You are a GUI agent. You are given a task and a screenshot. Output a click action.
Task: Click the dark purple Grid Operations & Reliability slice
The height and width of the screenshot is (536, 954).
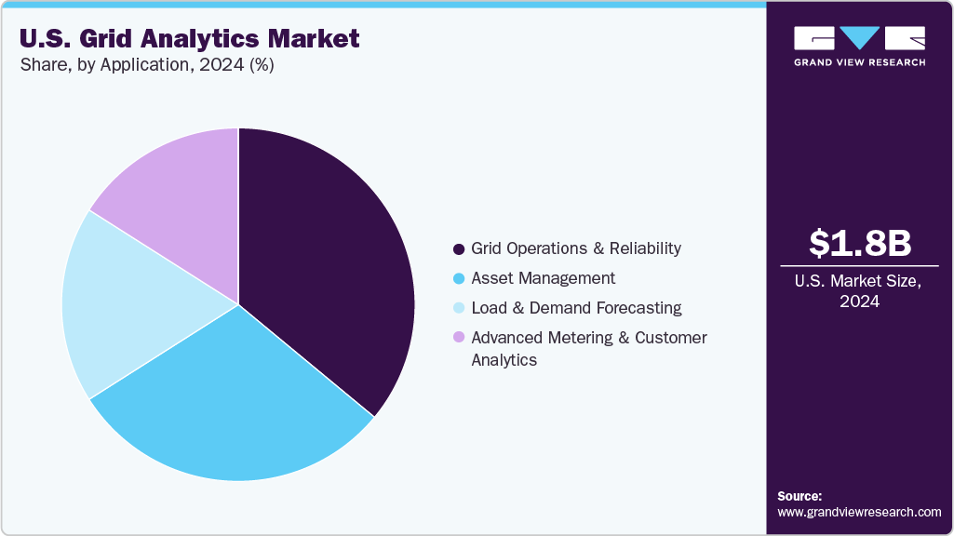326,270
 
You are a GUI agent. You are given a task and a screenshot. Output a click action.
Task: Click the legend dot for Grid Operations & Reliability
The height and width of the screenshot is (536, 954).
458,249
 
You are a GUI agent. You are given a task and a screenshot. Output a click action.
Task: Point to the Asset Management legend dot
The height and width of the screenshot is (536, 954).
458,279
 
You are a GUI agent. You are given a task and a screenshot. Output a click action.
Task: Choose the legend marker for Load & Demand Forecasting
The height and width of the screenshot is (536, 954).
458,309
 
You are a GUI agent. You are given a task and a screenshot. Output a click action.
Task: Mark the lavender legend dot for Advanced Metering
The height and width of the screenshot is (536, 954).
458,339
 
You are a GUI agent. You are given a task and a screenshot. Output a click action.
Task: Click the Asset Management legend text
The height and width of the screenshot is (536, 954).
543,278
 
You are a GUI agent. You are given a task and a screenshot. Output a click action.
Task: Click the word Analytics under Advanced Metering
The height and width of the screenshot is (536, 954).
504,360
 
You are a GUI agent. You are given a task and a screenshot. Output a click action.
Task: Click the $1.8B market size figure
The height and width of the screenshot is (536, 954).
859,243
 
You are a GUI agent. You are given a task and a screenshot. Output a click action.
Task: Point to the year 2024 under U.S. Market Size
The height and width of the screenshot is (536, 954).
859,301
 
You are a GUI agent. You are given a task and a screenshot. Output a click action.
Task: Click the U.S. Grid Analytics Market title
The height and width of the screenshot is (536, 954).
189,39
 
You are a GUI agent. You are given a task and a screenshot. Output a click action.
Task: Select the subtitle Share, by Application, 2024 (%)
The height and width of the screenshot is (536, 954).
146,65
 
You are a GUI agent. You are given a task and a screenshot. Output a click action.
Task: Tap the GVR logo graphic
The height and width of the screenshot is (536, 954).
859,38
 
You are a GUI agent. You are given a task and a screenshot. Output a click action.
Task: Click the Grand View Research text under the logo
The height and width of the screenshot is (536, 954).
859,62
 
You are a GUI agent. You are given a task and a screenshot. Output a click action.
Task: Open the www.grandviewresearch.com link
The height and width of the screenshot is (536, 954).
859,512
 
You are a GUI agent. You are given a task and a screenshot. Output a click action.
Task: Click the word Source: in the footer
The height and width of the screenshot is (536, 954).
799,496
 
